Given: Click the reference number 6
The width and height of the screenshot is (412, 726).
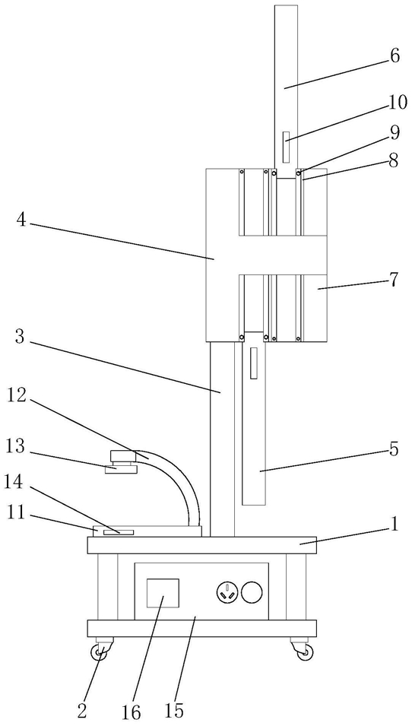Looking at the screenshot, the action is coord(394,56).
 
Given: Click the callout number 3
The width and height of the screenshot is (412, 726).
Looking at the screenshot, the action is coord(21,337).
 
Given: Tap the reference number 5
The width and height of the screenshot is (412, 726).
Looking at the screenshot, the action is coord(394,449).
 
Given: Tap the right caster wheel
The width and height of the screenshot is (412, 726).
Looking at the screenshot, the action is coord(306,652).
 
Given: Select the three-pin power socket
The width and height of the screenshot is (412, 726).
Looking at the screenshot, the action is coord(227,592).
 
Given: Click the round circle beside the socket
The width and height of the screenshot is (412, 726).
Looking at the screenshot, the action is coord(253,592).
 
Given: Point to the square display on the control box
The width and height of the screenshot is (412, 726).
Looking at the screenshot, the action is coord(163,593).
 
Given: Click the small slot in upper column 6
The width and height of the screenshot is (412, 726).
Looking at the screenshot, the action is coord(287,146).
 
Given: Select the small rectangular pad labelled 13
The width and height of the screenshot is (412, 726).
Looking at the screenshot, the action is coord(122,470).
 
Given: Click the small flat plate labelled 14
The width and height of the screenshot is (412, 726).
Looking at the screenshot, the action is coord(119,532).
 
